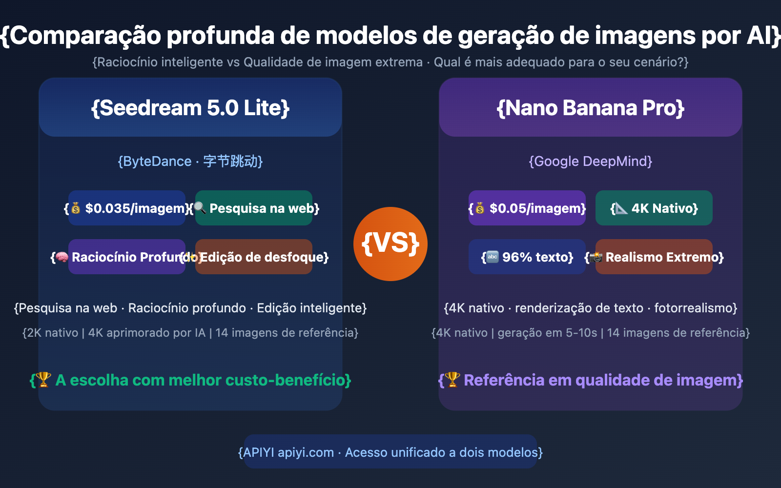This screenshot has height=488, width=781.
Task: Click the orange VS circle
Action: coord(390,244)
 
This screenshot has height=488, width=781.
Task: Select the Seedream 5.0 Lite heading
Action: coord(190,108)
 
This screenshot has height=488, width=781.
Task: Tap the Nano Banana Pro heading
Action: coord(591,108)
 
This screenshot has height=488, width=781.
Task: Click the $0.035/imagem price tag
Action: coord(128,208)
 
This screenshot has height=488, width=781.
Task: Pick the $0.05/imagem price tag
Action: coord(527,208)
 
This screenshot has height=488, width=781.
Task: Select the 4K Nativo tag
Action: coord(654,208)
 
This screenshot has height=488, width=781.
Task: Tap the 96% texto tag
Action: coord(527,257)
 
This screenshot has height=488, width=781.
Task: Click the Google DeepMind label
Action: coord(591,162)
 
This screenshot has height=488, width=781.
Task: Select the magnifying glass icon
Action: coord(200,208)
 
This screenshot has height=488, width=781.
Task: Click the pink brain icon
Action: coord(62,257)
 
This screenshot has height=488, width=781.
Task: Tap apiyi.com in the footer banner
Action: coord(306,452)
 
